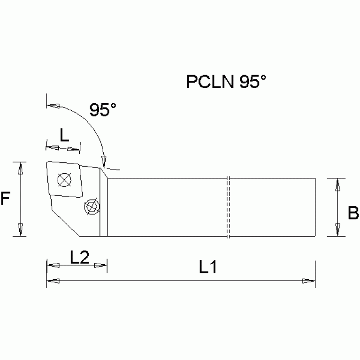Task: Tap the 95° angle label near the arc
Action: [x=103, y=110]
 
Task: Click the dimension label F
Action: [x=6, y=199]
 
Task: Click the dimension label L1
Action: [x=207, y=268]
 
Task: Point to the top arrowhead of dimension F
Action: [x=20, y=167]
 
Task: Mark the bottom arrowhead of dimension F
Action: [x=20, y=231]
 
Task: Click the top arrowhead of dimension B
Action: [x=337, y=184]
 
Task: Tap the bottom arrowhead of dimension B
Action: [x=337, y=230]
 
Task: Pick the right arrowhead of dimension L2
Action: [x=101, y=265]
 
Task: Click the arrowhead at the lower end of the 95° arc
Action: [x=104, y=161]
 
